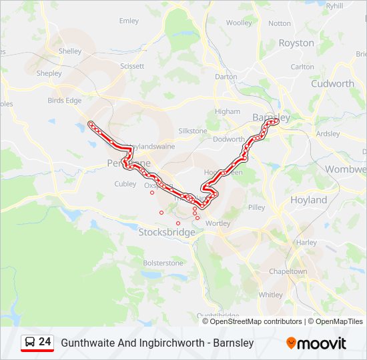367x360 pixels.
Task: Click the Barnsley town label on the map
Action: click(x=272, y=117)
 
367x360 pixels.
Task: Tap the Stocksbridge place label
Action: click(x=167, y=233)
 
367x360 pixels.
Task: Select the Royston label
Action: click(x=296, y=43)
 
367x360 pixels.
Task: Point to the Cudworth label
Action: click(x=332, y=84)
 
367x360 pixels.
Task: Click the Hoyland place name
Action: click(x=308, y=200)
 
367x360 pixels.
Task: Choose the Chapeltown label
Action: click(x=288, y=272)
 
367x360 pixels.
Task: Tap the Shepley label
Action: click(x=49, y=73)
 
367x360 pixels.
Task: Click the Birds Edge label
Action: click(x=64, y=101)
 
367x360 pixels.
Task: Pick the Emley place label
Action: click(x=129, y=21)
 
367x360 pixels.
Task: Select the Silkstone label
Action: click(x=193, y=131)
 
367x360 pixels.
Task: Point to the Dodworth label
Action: click(x=228, y=139)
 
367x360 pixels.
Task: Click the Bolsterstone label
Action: click(x=163, y=263)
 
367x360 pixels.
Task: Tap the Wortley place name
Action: click(x=218, y=224)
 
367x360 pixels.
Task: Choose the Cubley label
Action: click(x=125, y=184)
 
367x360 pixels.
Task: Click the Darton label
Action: click(x=226, y=77)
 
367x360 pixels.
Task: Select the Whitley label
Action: click(x=270, y=295)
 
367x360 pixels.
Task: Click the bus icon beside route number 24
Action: click(x=30, y=343)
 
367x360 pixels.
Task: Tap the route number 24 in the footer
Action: click(x=45, y=342)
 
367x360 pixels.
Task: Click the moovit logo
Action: click(x=316, y=343)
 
